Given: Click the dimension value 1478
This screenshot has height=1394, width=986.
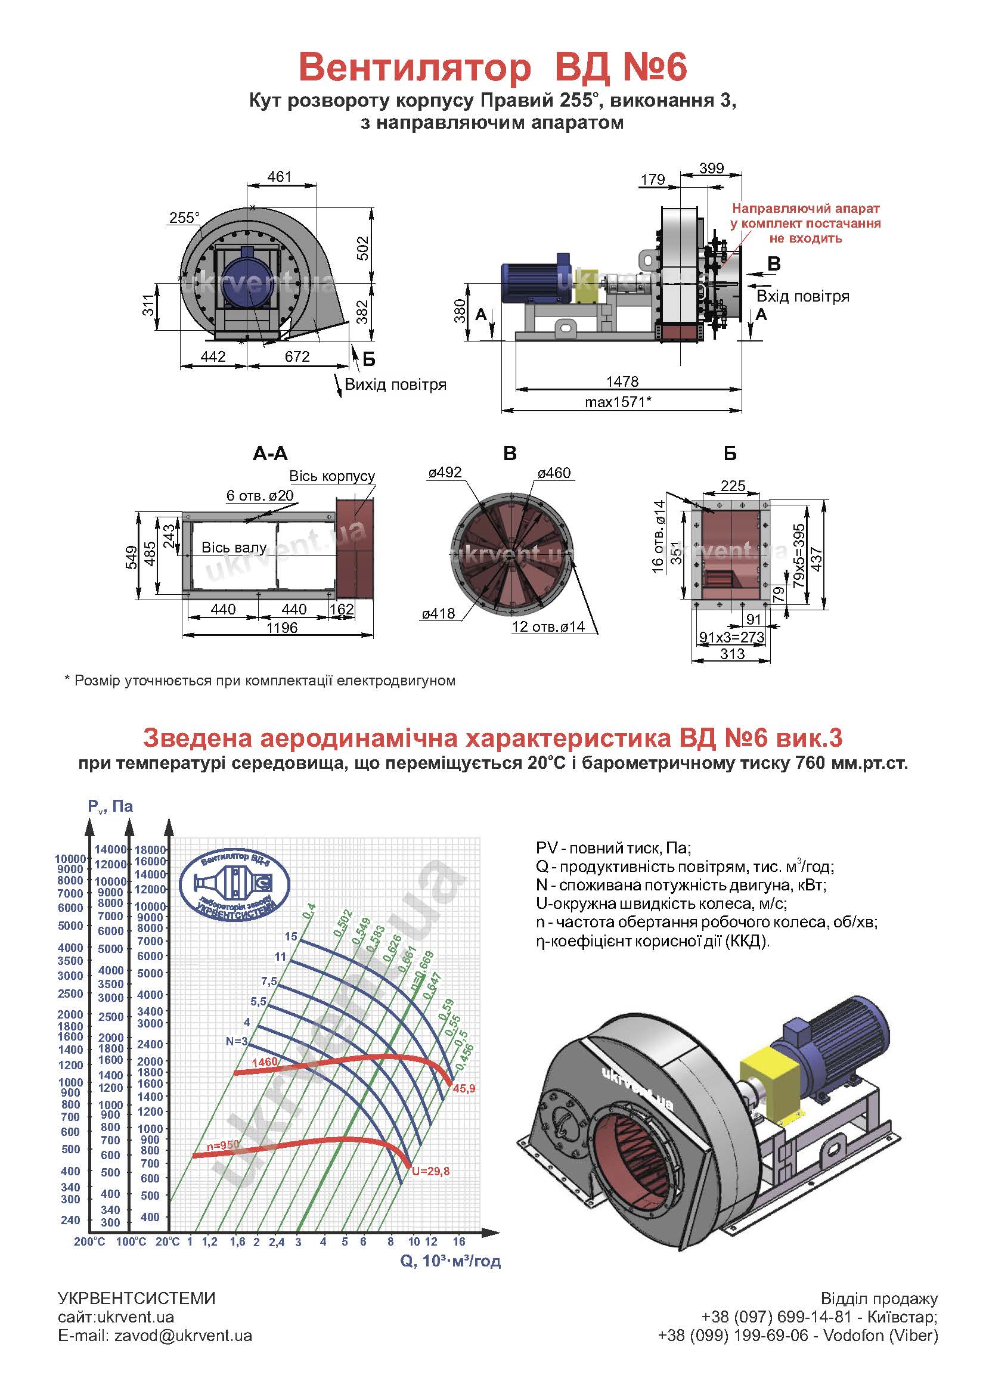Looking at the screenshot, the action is (x=622, y=381).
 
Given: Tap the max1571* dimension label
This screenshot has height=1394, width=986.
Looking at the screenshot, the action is (x=618, y=401).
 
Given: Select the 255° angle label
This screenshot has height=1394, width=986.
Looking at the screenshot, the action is (x=185, y=218).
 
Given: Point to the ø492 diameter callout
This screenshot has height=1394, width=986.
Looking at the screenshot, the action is (x=445, y=473).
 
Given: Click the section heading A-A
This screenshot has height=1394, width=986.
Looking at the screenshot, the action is (x=270, y=453).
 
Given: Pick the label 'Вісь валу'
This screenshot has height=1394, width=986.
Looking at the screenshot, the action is (x=234, y=547).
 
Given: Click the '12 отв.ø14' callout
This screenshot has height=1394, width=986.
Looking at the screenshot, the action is (x=548, y=626).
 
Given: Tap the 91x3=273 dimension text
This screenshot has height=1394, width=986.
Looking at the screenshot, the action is (x=732, y=637).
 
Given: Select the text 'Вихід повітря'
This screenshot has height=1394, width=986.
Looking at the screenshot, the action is (x=395, y=384).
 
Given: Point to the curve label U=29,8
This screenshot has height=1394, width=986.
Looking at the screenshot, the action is (x=430, y=1171).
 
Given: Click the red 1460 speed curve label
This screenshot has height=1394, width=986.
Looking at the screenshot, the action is (x=265, y=1062).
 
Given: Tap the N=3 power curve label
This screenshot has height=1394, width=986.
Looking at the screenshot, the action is (x=236, y=1041).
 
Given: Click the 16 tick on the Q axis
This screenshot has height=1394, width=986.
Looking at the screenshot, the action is (x=459, y=1241).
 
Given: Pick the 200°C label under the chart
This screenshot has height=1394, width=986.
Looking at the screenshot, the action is (x=89, y=1241).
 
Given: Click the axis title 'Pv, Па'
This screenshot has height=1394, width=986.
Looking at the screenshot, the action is (x=110, y=806).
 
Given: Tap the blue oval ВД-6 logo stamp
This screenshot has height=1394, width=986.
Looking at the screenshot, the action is (x=235, y=881).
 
